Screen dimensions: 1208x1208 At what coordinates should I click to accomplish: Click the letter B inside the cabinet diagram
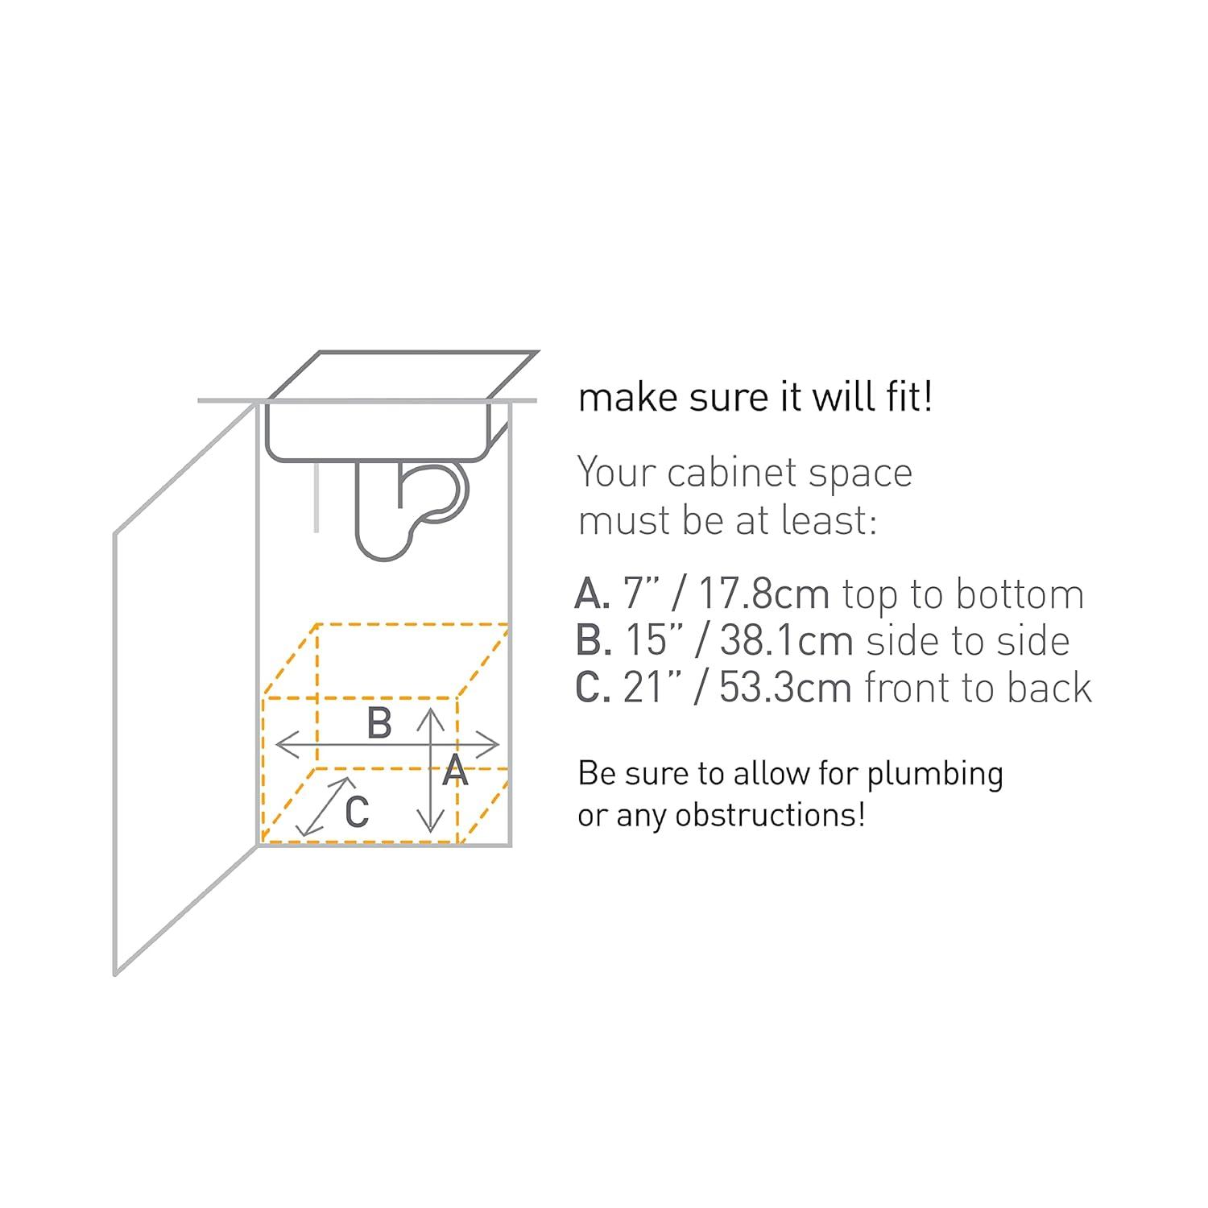379,722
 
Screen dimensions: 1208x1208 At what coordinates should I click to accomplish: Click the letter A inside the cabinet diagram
455,771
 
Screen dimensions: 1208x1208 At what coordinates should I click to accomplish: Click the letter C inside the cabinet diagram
357,811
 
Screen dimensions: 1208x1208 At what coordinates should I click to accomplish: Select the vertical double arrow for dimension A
432,769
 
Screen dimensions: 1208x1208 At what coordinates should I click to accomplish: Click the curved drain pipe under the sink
411,511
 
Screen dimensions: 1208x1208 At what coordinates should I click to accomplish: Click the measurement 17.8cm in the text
763,594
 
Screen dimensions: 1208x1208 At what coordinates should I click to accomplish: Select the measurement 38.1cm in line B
786,641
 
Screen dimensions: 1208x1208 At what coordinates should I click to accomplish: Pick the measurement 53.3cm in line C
785,688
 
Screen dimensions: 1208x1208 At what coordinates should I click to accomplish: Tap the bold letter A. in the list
592,594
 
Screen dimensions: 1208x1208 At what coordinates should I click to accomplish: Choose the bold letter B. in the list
592,641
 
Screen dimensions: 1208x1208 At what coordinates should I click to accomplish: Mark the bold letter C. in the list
592,688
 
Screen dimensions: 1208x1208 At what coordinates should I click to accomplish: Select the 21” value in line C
649,688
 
